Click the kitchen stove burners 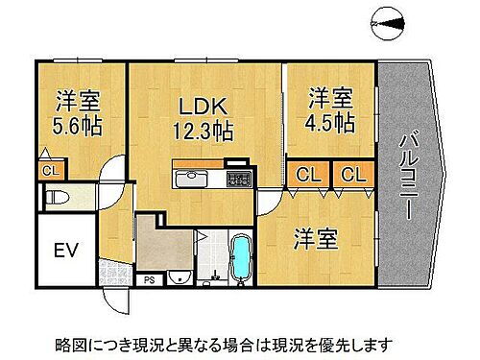[x=236, y=179]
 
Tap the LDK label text [x=194, y=103]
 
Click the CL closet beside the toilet [x=47, y=171]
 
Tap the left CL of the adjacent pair [x=308, y=175]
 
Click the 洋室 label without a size [x=314, y=238]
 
